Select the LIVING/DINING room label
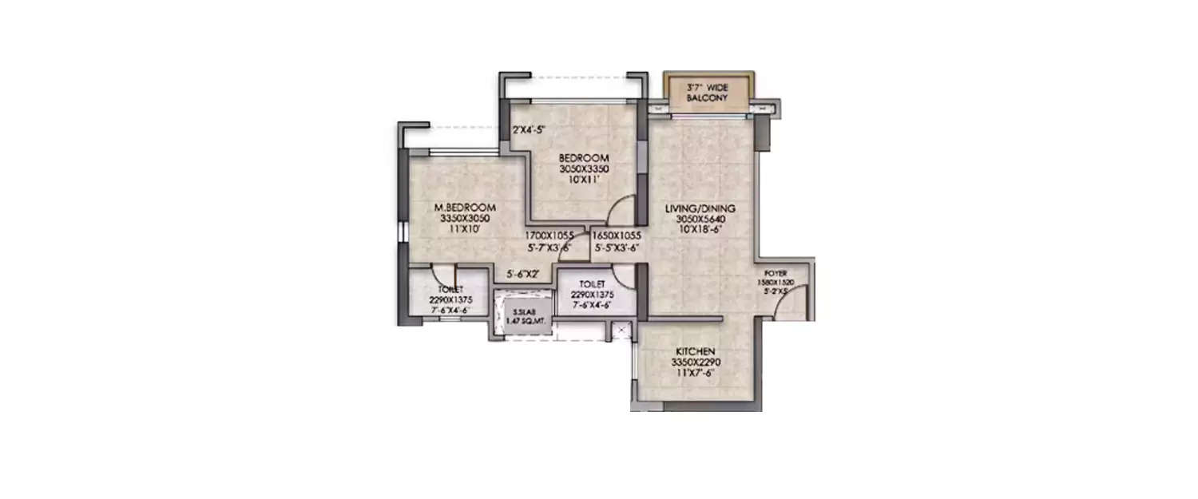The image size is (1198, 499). [700, 209]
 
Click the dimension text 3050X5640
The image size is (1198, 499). [700, 219]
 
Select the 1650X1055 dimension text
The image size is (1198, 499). [617, 236]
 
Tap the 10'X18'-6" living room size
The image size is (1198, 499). [700, 229]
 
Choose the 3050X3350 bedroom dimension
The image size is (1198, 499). [584, 168]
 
